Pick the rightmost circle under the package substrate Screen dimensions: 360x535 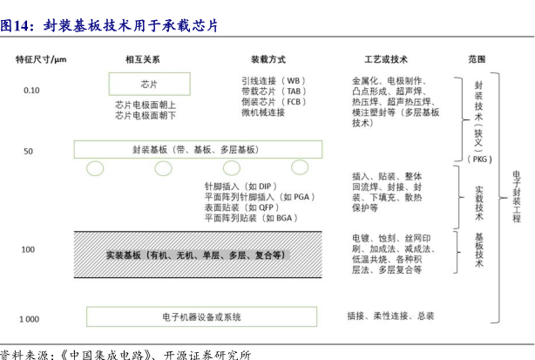(x=300, y=166)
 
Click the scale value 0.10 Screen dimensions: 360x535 (x=31, y=90)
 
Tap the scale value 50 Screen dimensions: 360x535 (x=28, y=152)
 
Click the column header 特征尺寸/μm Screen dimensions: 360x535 (x=42, y=59)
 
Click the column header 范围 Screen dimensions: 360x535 (x=477, y=59)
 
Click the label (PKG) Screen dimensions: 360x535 (x=480, y=160)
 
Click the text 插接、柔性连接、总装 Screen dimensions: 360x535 (x=390, y=316)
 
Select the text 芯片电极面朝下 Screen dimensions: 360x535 (x=146, y=114)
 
